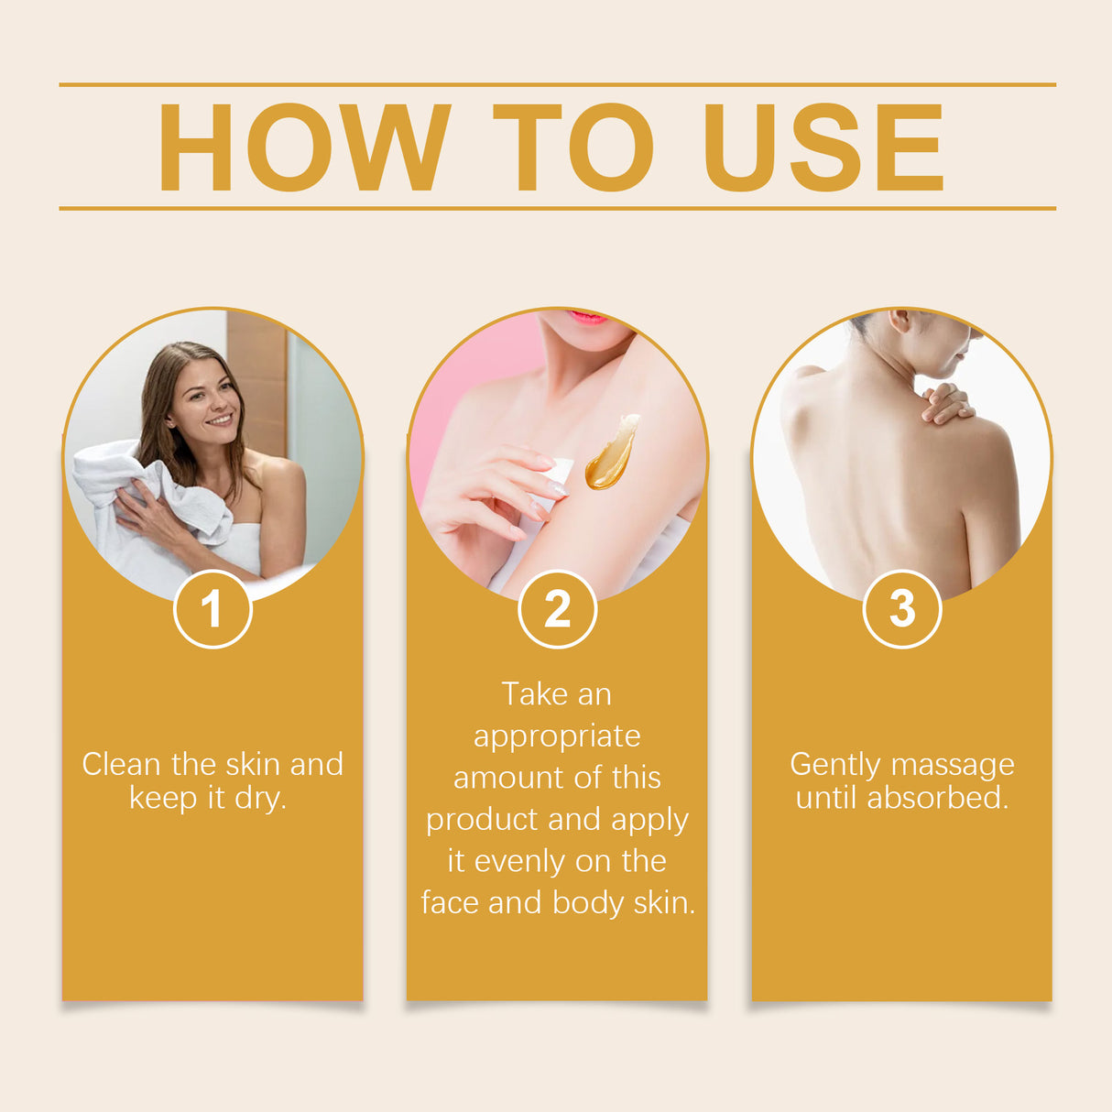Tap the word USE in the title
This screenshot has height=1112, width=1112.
(x=823, y=147)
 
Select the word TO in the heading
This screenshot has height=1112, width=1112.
(x=573, y=147)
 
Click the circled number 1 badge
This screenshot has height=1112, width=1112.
(x=213, y=609)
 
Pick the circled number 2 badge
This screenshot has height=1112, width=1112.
(x=557, y=609)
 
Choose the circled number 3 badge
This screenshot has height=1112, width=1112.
(x=902, y=609)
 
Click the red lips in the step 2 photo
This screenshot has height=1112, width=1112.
(x=587, y=318)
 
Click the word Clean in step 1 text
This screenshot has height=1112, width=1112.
(x=121, y=764)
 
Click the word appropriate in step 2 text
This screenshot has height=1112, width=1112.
(x=557, y=736)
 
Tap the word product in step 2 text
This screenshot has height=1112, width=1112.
(x=474, y=820)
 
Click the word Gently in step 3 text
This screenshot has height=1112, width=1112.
(x=834, y=764)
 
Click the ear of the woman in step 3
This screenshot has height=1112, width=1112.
(x=899, y=320)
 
